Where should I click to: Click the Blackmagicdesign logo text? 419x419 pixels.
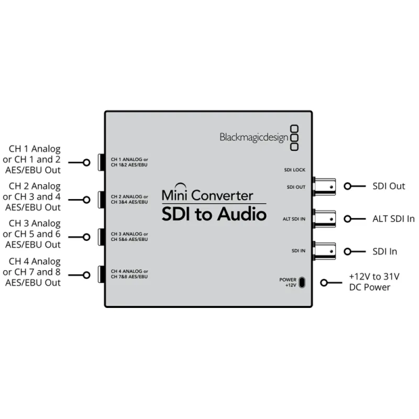coord(253,137)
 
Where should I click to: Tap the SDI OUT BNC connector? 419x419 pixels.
coord(324,186)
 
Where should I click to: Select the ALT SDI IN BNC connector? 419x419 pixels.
coord(324,218)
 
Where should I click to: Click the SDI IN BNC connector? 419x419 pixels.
coord(324,251)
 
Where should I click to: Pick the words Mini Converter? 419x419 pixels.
coord(207,196)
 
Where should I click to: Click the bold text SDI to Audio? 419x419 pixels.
coord(214,214)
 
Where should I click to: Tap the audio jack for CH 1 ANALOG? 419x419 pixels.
coord(101,162)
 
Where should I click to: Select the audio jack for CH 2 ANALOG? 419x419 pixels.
coord(101,200)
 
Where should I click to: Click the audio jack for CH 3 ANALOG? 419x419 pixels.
coord(101,237)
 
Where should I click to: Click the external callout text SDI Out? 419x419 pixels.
coord(389,186)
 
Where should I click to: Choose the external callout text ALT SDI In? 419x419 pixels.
coord(393,218)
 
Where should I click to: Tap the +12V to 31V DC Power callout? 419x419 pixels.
coord(374,282)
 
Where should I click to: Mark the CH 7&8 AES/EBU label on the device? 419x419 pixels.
coord(129,276)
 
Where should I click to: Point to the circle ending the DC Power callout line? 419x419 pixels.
coord(324,283)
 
